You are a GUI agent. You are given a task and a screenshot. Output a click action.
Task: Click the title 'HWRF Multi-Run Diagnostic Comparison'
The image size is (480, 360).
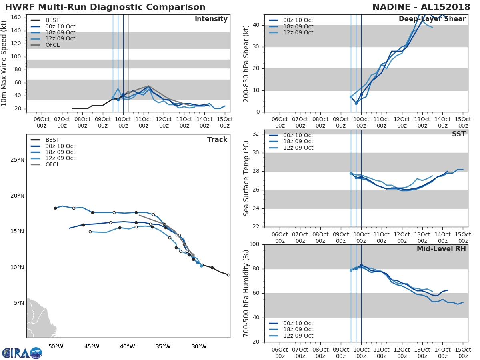point(105,7)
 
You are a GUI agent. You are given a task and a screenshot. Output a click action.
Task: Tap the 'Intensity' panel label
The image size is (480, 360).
point(211,19)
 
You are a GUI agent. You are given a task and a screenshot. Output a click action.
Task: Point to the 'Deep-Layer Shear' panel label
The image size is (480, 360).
point(432,19)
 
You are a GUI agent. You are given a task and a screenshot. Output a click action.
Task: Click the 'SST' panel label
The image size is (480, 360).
point(459,134)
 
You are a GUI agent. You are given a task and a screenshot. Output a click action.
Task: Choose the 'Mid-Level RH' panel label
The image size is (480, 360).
point(441,249)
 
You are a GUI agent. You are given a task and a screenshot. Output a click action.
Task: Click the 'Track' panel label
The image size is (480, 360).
point(217,140)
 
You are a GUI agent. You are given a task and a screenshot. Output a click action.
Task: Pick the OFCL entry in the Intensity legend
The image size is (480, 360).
point(52,45)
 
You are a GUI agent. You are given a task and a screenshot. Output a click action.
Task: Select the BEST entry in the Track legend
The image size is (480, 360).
point(52,140)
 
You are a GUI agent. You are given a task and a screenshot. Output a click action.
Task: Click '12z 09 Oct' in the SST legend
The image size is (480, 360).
point(298,148)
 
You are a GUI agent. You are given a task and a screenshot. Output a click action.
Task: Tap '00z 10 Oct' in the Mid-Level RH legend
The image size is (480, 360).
point(298,323)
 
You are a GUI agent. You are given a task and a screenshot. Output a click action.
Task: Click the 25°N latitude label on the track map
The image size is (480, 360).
point(16,160)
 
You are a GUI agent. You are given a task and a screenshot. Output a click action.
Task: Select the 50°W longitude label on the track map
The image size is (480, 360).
point(56,346)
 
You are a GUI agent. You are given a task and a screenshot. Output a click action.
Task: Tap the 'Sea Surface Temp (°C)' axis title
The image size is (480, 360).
point(246,178)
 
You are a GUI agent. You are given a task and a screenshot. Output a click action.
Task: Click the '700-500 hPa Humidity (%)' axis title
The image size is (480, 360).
point(246,293)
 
